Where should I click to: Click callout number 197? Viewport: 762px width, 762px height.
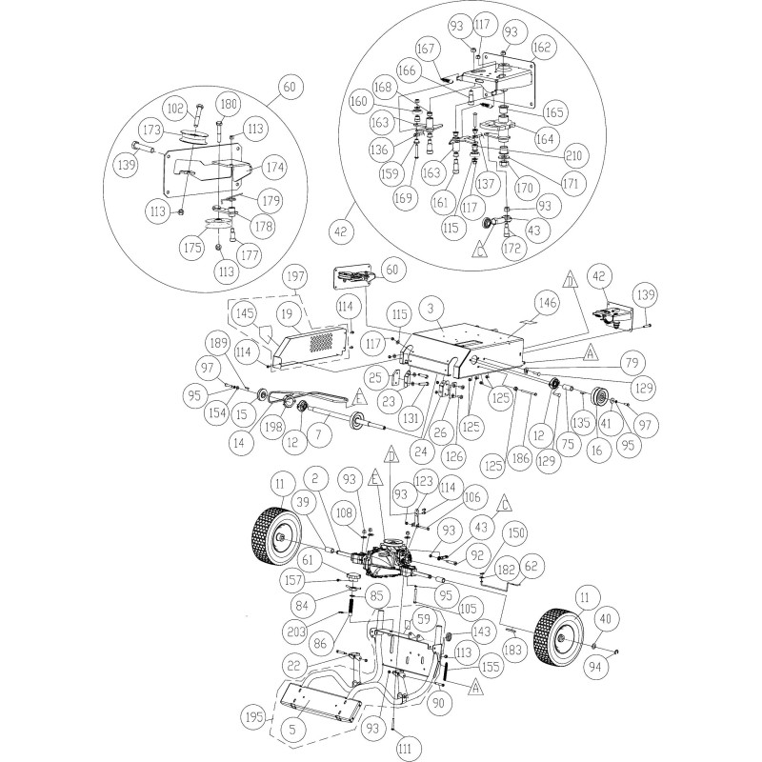point(296,276)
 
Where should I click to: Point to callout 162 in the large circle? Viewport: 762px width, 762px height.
point(541,46)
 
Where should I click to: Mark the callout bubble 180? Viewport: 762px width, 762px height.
point(228,105)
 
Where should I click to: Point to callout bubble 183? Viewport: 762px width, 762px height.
point(514,649)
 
